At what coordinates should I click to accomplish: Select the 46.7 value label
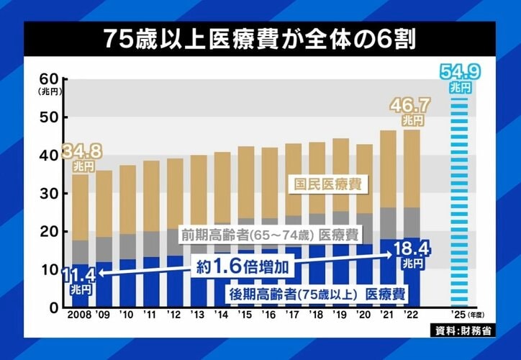[x=411, y=107]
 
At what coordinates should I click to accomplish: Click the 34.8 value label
[x=82, y=153]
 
